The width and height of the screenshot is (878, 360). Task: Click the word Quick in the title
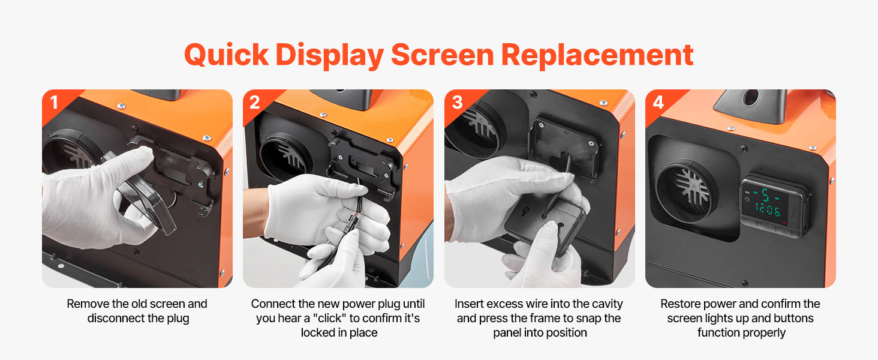(226, 55)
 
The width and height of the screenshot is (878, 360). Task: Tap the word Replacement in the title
(597, 55)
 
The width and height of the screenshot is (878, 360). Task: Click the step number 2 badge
(255, 103)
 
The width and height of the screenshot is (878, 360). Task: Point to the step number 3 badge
(457, 103)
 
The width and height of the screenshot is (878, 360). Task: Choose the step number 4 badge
(658, 103)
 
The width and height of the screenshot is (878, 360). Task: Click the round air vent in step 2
(287, 157)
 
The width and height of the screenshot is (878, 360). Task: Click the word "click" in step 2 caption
(329, 318)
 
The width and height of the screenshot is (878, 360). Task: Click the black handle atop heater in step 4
(751, 104)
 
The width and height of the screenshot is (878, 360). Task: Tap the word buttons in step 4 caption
(792, 318)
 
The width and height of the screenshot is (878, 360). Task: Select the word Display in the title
(329, 55)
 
